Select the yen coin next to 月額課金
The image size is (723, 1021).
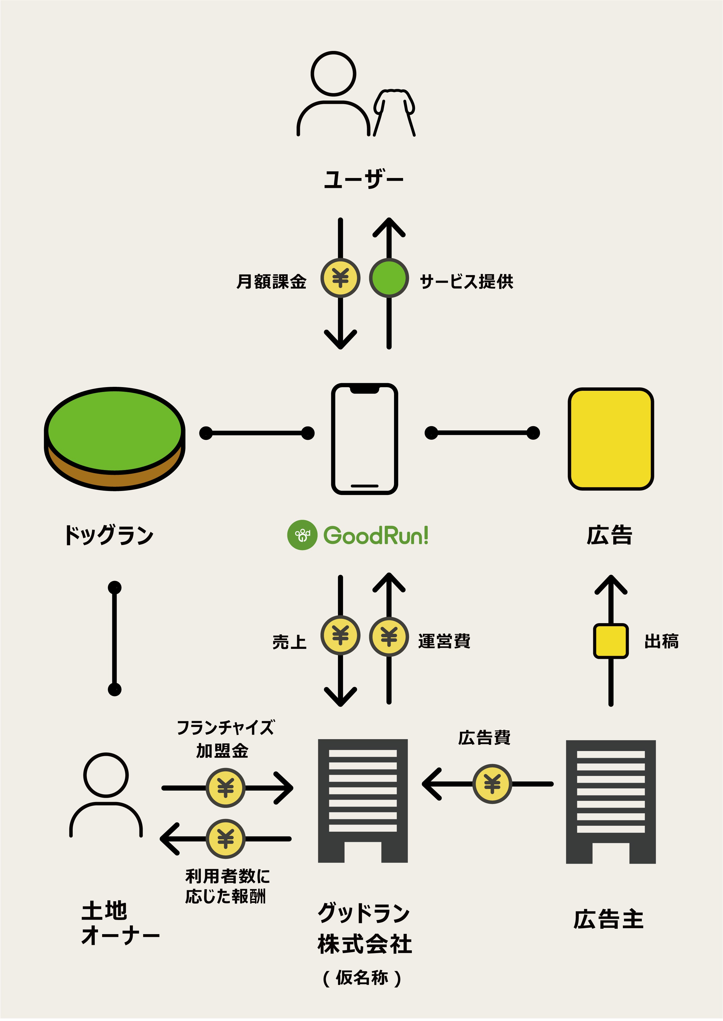pyautogui.click(x=341, y=278)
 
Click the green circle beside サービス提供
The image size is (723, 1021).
pyautogui.click(x=389, y=278)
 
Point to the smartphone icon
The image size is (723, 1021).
pyautogui.click(x=364, y=439)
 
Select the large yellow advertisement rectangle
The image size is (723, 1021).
pyautogui.click(x=610, y=439)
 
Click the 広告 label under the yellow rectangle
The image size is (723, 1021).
pyautogui.click(x=610, y=535)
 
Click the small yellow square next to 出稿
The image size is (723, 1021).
pyautogui.click(x=611, y=641)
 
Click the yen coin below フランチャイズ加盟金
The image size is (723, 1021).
pyautogui.click(x=226, y=788)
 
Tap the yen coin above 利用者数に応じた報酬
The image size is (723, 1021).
pyautogui.click(x=226, y=838)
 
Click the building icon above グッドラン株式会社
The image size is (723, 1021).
pyautogui.click(x=363, y=800)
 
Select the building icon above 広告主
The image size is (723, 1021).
pyautogui.click(x=610, y=801)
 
